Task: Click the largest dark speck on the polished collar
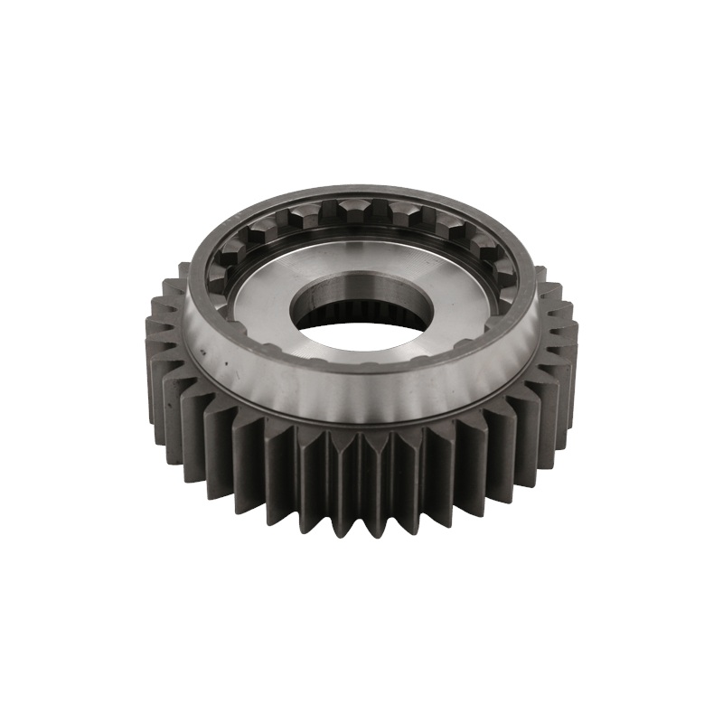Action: [207, 347]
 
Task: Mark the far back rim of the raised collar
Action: [361, 191]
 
